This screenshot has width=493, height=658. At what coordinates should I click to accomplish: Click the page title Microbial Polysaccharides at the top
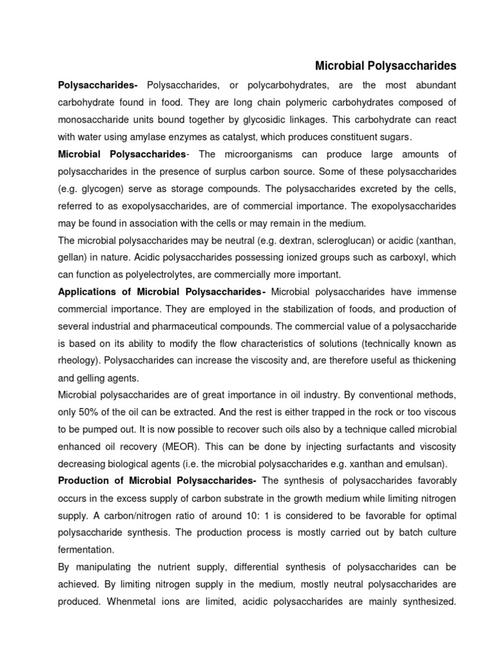click(385, 66)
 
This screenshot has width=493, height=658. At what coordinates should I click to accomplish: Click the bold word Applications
click(87, 292)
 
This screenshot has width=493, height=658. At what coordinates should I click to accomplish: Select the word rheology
click(78, 360)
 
